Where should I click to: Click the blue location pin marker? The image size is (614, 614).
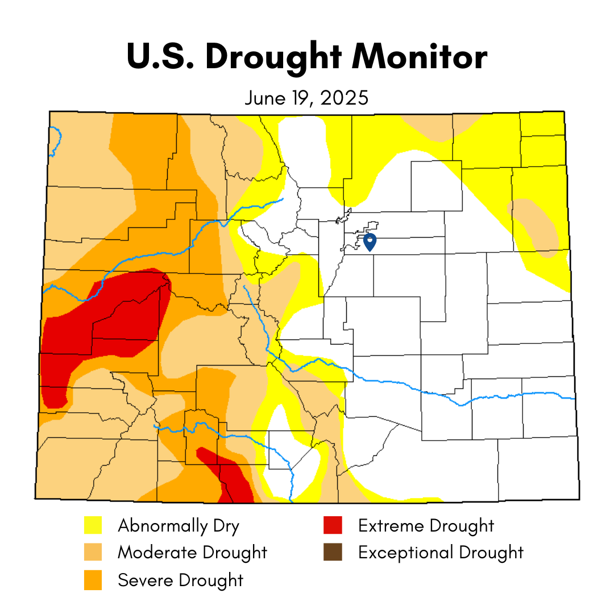(370, 242)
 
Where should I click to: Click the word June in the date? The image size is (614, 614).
(265, 98)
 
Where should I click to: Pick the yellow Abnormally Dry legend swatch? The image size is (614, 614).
(93, 525)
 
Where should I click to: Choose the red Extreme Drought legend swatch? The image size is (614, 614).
(333, 525)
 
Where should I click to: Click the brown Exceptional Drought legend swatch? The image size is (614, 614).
(333, 552)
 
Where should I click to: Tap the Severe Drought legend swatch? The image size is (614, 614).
(93, 580)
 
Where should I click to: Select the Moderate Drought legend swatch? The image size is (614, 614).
(93, 552)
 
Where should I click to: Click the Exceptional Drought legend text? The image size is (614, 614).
(441, 552)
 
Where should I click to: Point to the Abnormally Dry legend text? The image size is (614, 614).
(179, 525)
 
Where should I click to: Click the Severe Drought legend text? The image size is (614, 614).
(180, 580)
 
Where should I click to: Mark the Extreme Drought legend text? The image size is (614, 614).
(426, 525)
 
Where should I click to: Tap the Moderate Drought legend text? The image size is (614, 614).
(192, 552)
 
